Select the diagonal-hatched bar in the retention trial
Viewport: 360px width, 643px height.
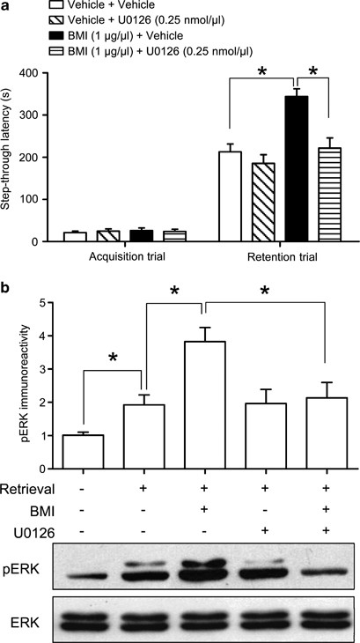tap(263, 203)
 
